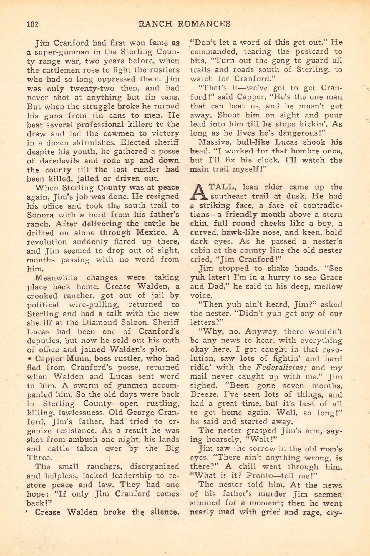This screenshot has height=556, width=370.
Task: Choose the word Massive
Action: pyautogui.click(x=217, y=142)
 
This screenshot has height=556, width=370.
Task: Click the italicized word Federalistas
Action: pyautogui.click(x=281, y=368)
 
